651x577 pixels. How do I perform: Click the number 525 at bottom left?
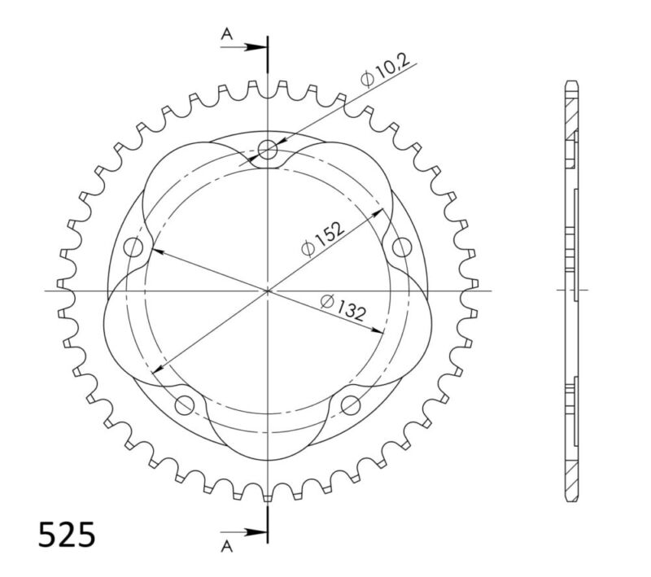click(68, 535)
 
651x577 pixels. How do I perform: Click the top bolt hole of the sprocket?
click(269, 148)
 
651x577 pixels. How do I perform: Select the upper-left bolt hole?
click(133, 247)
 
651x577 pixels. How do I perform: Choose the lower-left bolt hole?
click(185, 404)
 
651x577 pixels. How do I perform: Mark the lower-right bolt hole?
click(351, 404)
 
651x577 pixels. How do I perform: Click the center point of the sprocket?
click(268, 290)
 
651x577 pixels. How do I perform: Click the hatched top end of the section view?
click(571, 106)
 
